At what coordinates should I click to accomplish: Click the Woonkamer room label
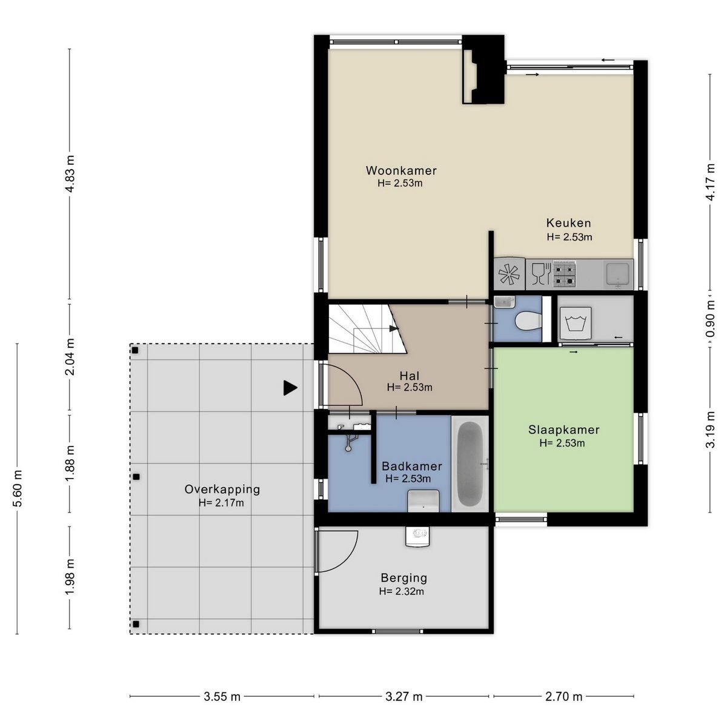tap(401, 170)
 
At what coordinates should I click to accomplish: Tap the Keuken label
tap(568, 223)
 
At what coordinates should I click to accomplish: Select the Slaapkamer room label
tap(563, 430)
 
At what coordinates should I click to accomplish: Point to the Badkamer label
tap(411, 466)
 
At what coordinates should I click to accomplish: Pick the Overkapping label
tap(222, 490)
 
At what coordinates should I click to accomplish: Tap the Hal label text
tap(410, 376)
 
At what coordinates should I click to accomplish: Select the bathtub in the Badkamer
tap(470, 463)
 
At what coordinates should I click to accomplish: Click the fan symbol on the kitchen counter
tap(509, 273)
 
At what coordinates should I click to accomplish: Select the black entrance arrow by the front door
tap(290, 388)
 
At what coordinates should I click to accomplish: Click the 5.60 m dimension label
tap(18, 488)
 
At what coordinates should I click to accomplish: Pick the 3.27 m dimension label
tap(403, 697)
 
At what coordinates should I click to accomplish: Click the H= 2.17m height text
tap(221, 503)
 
